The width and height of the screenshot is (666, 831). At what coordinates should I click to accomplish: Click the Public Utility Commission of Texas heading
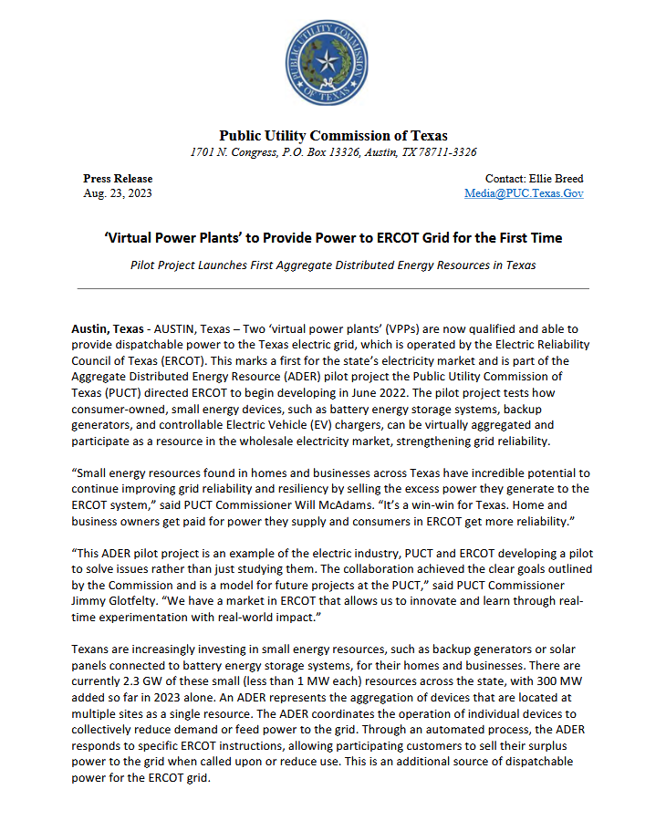click(333, 136)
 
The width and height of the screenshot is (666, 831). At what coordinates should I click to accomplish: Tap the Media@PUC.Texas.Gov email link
click(524, 193)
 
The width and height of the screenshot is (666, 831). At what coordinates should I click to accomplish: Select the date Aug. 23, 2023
click(118, 193)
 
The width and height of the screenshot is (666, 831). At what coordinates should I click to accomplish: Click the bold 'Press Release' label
click(118, 179)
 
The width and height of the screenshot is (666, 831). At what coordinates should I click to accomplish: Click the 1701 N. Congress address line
click(333, 152)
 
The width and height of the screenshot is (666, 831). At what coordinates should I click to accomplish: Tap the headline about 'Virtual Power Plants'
click(333, 238)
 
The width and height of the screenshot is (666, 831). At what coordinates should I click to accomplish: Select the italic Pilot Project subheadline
click(333, 265)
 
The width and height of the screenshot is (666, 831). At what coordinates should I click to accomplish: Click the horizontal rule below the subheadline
click(333, 288)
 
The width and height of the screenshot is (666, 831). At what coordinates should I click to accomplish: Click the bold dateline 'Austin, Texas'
click(108, 328)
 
